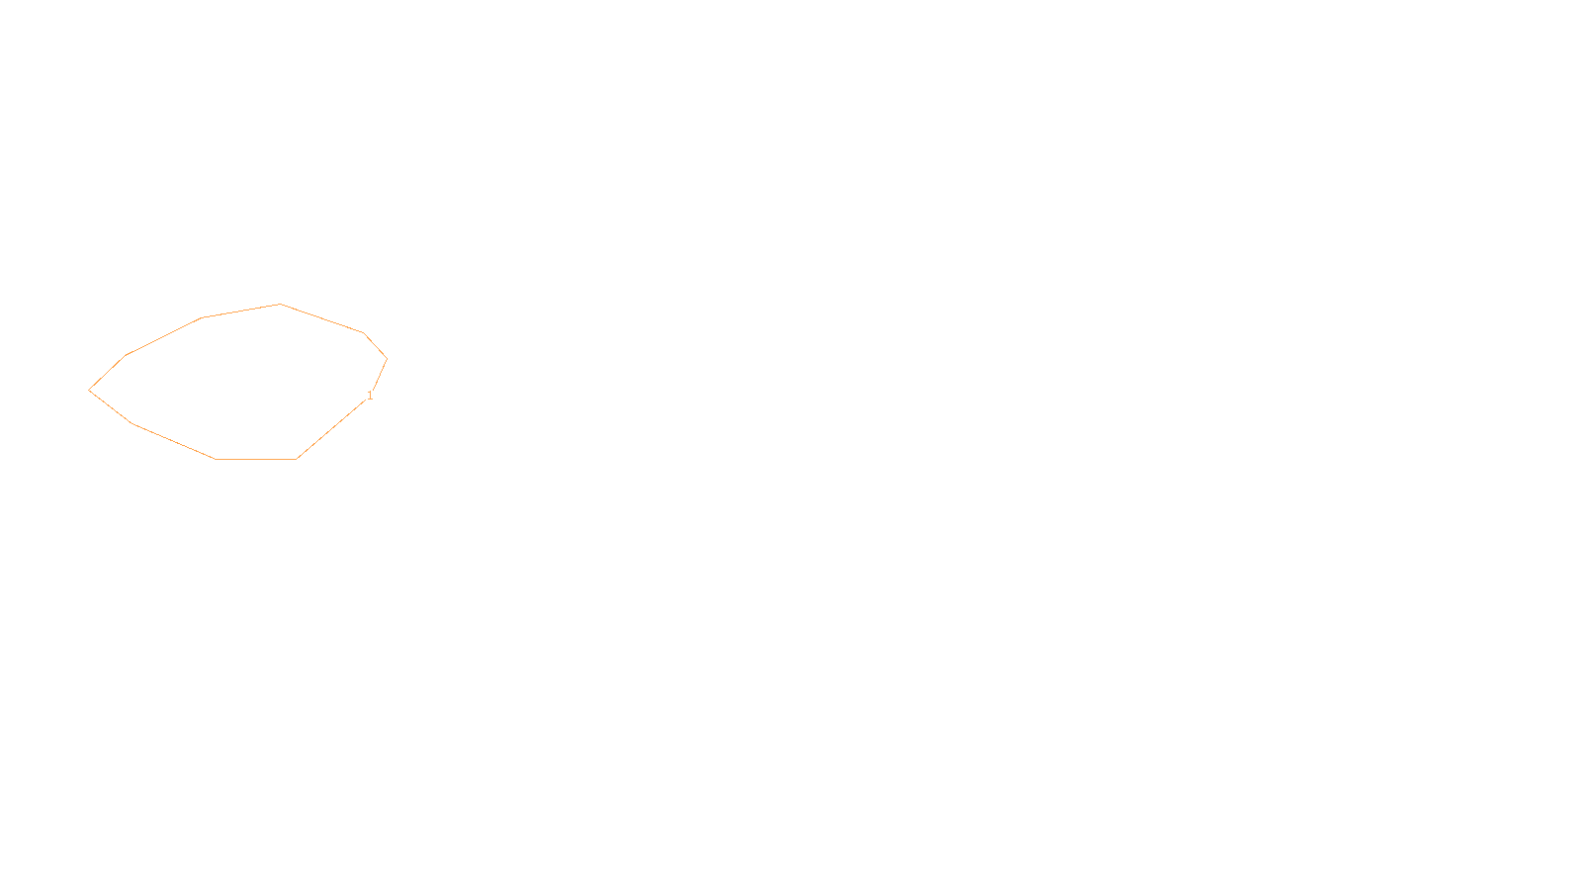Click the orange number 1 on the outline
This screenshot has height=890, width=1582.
(x=370, y=396)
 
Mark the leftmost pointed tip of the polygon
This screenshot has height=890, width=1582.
(x=89, y=390)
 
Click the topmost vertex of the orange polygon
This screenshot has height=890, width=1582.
(x=281, y=305)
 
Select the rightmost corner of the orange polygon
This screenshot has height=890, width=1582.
(x=387, y=358)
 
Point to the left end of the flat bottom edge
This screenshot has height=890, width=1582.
(x=216, y=459)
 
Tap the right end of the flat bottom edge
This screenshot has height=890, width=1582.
(x=296, y=459)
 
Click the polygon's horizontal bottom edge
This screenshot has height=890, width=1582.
(x=255, y=459)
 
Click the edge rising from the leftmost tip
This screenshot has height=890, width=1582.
(x=108, y=372)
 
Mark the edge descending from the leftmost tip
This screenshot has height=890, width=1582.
(x=110, y=406)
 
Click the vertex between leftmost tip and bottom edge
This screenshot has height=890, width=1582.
(x=132, y=423)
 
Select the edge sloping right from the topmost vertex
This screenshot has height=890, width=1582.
(x=322, y=318)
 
